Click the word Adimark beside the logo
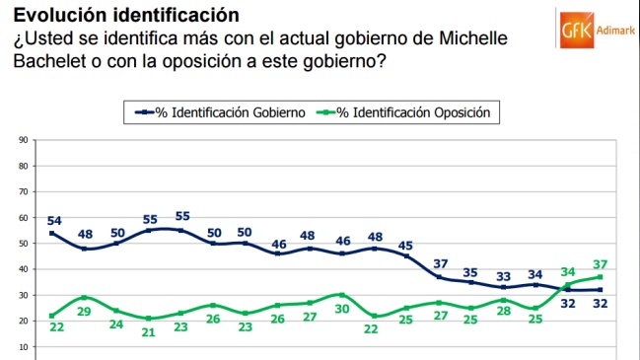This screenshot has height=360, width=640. tap(616, 30)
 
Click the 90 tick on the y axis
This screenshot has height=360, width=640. tap(22, 140)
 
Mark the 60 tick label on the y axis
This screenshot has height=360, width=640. tap(22, 217)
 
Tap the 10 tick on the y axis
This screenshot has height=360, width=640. tap(22, 346)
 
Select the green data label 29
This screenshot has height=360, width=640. tap(86, 312)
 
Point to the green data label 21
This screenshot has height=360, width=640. tap(149, 332)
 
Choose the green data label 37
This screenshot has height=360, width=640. tap(600, 264)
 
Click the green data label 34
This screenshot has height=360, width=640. tap(567, 272)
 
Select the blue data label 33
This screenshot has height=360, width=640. tap(504, 275)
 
